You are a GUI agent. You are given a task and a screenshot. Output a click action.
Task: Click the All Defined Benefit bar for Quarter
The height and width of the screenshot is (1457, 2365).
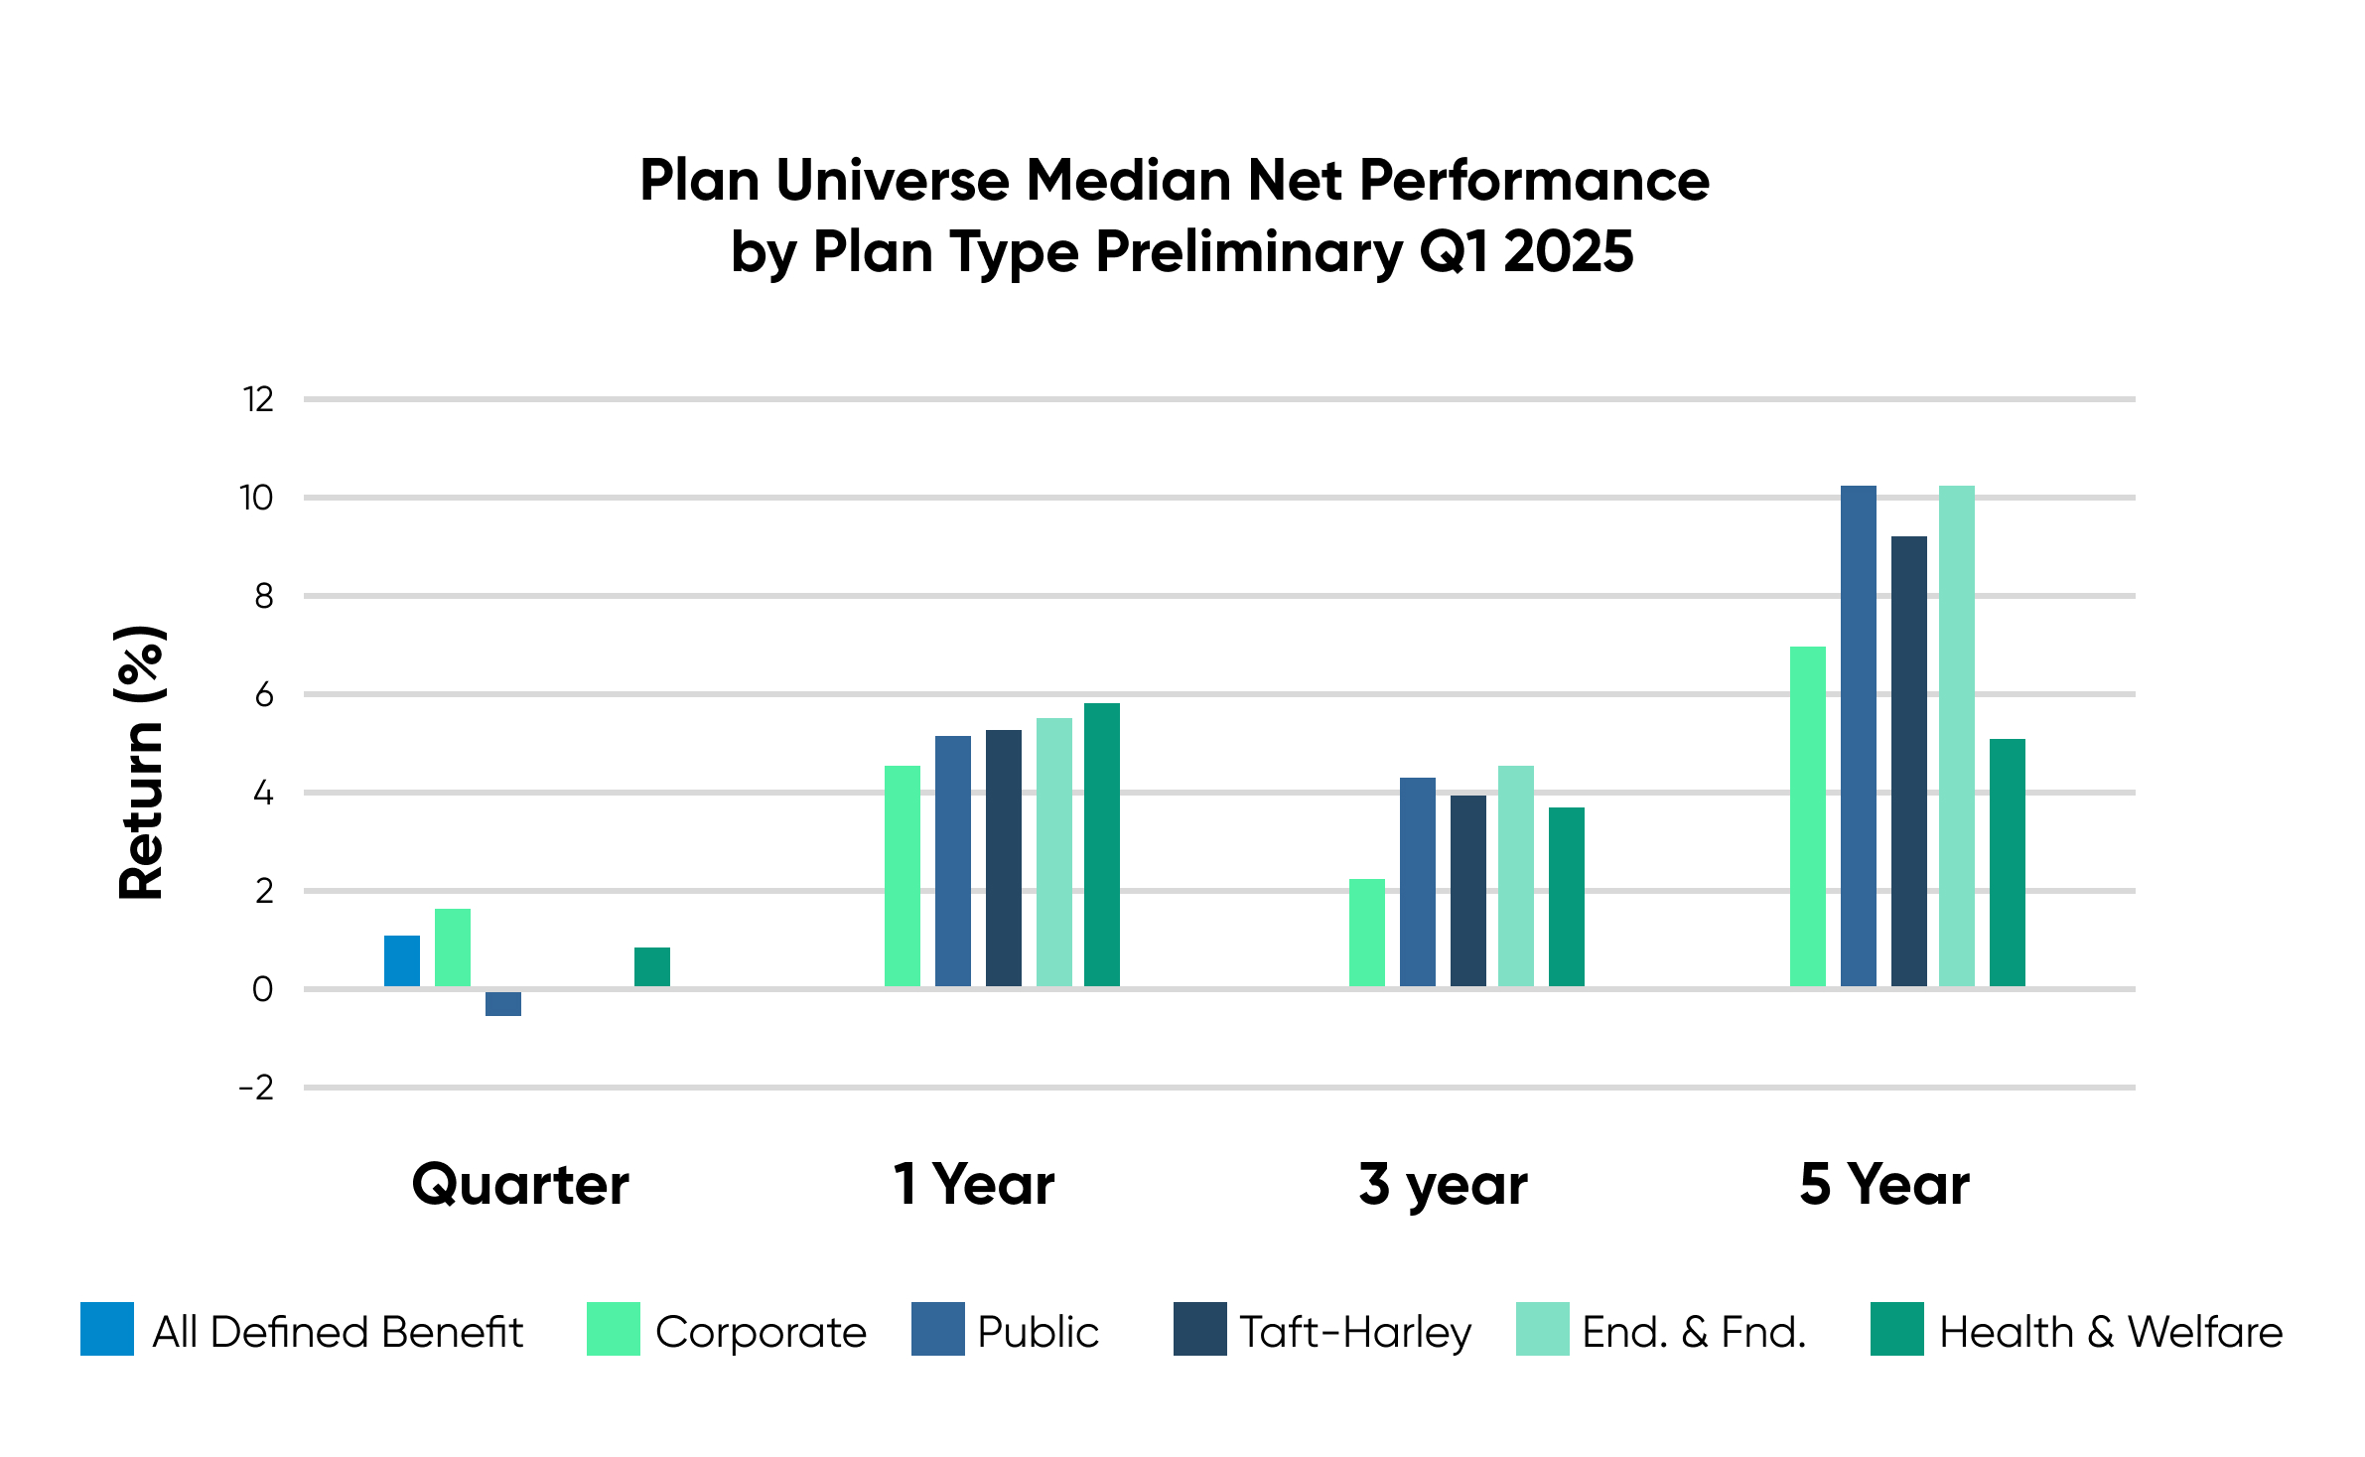tap(402, 960)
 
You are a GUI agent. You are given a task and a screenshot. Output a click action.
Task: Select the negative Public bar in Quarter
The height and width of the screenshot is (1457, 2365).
tap(503, 1003)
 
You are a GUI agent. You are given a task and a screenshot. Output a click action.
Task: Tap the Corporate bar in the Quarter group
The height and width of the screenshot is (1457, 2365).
tap(453, 947)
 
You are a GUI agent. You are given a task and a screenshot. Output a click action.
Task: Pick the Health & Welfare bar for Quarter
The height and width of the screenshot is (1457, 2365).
tap(652, 966)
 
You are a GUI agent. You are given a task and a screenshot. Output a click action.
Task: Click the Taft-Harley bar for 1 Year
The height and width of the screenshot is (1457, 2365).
tap(1004, 858)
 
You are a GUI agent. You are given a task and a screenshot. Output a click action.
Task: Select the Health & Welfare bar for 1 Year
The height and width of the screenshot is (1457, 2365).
tap(1102, 844)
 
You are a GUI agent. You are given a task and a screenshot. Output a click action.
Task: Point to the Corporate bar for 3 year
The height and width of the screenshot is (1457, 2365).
tap(1367, 933)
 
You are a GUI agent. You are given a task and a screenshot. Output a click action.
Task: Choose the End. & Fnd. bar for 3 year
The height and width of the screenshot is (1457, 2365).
tap(1516, 876)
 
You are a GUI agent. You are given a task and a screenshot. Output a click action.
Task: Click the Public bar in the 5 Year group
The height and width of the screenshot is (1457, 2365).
tap(1859, 736)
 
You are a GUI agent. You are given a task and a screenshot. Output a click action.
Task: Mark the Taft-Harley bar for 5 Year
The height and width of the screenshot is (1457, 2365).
tap(1909, 761)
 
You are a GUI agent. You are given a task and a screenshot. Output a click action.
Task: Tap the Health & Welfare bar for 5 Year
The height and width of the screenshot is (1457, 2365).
tap(2008, 862)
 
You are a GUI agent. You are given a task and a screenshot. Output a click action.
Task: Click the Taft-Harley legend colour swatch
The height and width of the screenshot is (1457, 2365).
tap(1200, 1329)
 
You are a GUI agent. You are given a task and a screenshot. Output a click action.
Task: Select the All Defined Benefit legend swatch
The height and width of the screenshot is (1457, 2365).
tap(107, 1329)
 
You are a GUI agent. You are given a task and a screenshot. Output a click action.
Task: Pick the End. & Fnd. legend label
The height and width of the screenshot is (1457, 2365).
tap(1694, 1332)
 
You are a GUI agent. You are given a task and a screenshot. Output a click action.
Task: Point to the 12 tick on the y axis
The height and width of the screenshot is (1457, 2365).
tap(258, 399)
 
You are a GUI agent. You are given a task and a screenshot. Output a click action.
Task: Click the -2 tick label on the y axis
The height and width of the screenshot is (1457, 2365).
tap(256, 1088)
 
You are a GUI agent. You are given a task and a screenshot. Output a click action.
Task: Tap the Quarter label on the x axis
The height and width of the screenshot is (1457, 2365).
tap(520, 1185)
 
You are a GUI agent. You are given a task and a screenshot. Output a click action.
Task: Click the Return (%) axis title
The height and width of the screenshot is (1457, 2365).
tap(141, 763)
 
